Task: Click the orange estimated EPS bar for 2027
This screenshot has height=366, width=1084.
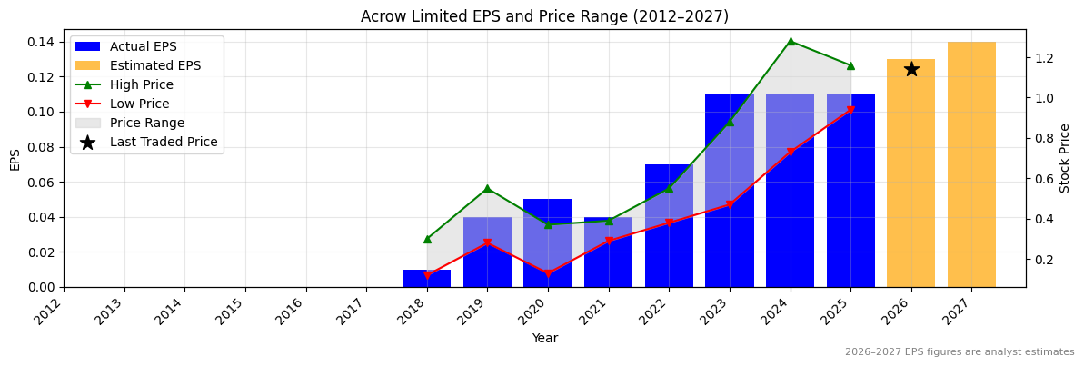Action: click(971, 164)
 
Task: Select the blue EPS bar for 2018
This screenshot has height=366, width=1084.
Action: click(426, 278)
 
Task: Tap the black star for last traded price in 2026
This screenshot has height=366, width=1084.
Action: click(911, 69)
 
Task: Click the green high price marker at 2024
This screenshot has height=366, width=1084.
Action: click(791, 41)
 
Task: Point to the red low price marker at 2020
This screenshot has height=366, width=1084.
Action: click(548, 273)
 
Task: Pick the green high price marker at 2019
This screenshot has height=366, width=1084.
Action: click(487, 188)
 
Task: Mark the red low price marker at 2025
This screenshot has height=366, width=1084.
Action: click(850, 110)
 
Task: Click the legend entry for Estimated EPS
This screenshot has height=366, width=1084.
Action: click(154, 65)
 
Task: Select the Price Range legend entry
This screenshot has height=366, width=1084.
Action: click(146, 123)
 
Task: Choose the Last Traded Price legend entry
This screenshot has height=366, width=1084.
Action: click(163, 142)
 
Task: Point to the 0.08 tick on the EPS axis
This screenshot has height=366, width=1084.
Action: click(40, 147)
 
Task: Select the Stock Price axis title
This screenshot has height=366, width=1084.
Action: click(1065, 158)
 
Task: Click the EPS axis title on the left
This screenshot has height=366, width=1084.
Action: click(15, 159)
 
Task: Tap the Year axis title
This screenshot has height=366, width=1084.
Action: click(545, 339)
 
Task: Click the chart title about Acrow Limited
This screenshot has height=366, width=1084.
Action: click(544, 16)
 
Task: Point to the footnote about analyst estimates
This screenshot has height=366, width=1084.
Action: click(959, 352)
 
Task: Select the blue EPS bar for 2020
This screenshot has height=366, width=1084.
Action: click(548, 242)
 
